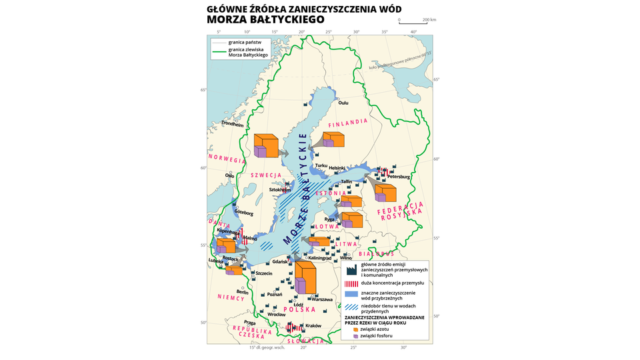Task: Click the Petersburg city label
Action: point(398,177)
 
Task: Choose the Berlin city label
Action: point(243,292)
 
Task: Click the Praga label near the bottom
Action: point(250,323)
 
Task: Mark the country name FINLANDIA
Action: point(348,123)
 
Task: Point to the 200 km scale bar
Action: point(417,23)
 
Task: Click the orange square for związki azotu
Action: point(355,329)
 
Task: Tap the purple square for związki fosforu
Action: point(355,336)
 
